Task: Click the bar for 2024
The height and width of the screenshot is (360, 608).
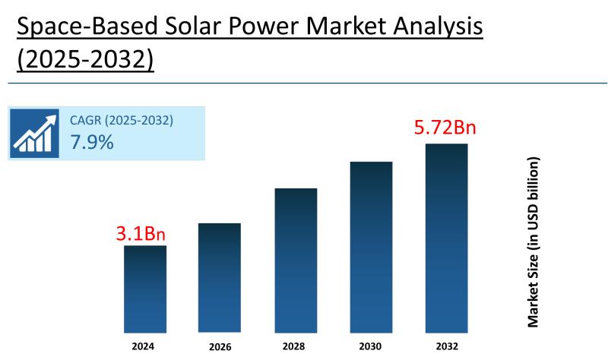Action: pos(145,289)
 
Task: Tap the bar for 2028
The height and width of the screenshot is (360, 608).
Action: pos(296,260)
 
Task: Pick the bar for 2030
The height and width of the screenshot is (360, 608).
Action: pos(371,247)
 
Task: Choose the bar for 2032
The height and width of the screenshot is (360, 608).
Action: pos(446,238)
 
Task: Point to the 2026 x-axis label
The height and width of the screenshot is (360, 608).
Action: pos(219,346)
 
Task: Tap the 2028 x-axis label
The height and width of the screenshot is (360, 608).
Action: pos(295,346)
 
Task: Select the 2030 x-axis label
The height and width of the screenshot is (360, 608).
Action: pos(371,346)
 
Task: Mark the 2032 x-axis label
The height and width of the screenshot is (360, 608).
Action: pos(446,346)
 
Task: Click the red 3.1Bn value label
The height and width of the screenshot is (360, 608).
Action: pos(141,233)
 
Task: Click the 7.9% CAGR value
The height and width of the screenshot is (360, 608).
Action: pos(92,141)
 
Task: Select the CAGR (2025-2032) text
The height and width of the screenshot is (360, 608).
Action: pos(122,120)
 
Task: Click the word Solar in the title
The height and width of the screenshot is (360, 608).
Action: pos(198,27)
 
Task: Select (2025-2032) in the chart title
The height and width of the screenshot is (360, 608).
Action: pos(85,59)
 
